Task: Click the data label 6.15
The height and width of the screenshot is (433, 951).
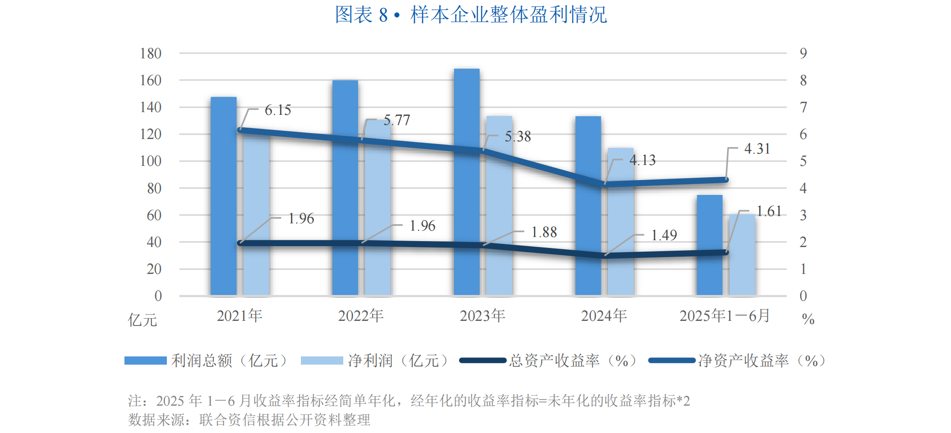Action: [x=278, y=110]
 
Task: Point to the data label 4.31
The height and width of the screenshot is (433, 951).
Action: [x=757, y=149]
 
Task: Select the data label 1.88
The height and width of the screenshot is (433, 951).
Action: [x=544, y=232]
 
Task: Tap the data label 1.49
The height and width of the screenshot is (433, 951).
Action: [x=664, y=235]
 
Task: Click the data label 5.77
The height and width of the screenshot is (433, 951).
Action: [x=397, y=120]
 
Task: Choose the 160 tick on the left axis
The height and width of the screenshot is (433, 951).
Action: [x=150, y=81]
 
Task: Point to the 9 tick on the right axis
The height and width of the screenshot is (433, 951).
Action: [x=803, y=53]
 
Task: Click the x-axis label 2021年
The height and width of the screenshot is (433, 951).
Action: [x=239, y=316]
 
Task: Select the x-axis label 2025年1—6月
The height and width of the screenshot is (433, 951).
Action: [x=724, y=316]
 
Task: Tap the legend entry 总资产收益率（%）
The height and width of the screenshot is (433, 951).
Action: [x=572, y=361]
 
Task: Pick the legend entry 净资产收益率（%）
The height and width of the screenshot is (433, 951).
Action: [x=761, y=361]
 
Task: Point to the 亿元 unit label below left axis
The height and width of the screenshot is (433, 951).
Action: [x=142, y=320]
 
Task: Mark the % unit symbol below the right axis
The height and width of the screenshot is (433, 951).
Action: [x=808, y=319]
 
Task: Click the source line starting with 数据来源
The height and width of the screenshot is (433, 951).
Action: [x=249, y=420]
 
